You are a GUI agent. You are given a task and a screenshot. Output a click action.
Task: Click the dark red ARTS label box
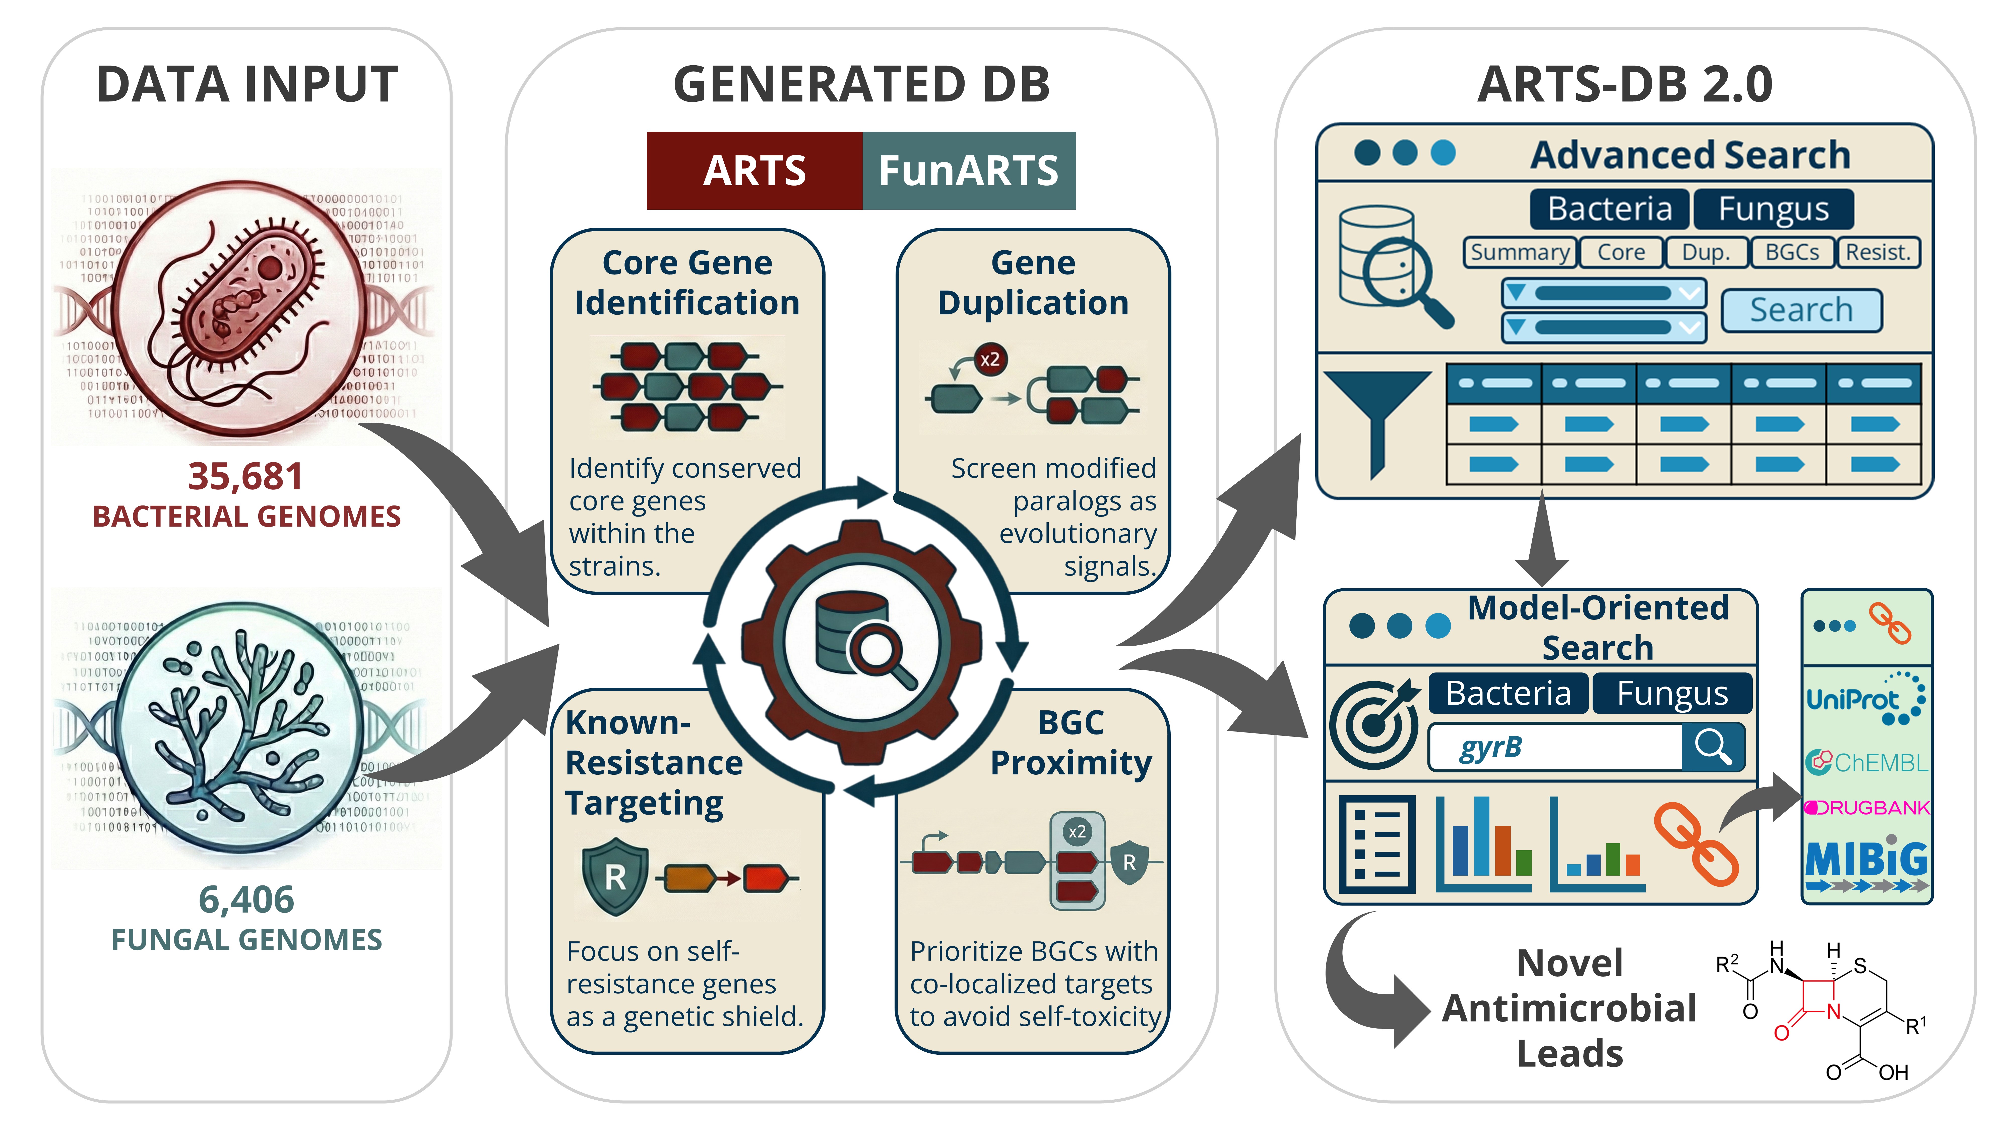(x=754, y=171)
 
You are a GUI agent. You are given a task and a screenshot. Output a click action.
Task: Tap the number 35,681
(x=245, y=477)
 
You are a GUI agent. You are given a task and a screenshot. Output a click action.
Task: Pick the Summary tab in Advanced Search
(x=1519, y=253)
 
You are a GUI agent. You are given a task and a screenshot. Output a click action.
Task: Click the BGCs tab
(x=1791, y=253)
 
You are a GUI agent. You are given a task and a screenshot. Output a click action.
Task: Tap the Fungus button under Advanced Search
(x=1773, y=209)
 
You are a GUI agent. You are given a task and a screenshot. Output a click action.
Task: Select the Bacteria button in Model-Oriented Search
(x=1508, y=693)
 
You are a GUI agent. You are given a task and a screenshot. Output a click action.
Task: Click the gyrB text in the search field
(x=1490, y=747)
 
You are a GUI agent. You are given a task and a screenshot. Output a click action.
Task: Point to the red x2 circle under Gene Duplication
(x=990, y=360)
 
